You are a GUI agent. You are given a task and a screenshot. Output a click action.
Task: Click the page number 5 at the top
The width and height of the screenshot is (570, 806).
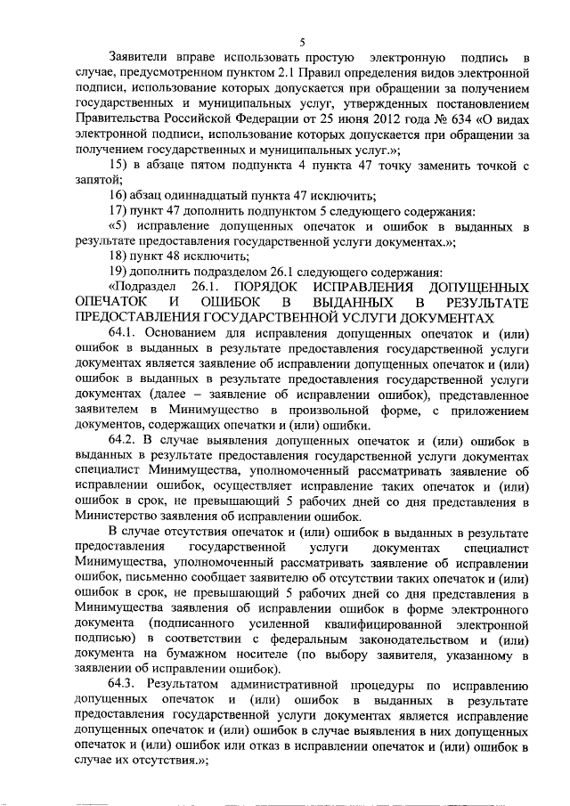click(303, 43)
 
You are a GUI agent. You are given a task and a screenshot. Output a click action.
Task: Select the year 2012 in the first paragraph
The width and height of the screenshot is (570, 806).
click(392, 117)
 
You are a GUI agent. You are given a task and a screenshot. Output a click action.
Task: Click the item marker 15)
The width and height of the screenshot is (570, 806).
click(119, 165)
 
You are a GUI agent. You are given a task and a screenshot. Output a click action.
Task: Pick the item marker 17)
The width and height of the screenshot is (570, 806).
click(119, 212)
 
